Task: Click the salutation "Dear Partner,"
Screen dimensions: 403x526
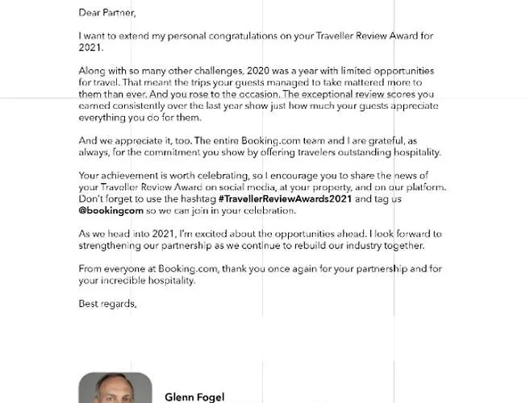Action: pos(107,13)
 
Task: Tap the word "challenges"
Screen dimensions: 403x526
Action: pos(219,72)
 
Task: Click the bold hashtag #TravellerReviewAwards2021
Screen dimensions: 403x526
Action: pos(286,198)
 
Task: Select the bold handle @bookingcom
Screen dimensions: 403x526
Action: pos(111,210)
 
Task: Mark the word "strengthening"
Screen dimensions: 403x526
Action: pos(113,246)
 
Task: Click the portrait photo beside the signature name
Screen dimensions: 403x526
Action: pos(115,388)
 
